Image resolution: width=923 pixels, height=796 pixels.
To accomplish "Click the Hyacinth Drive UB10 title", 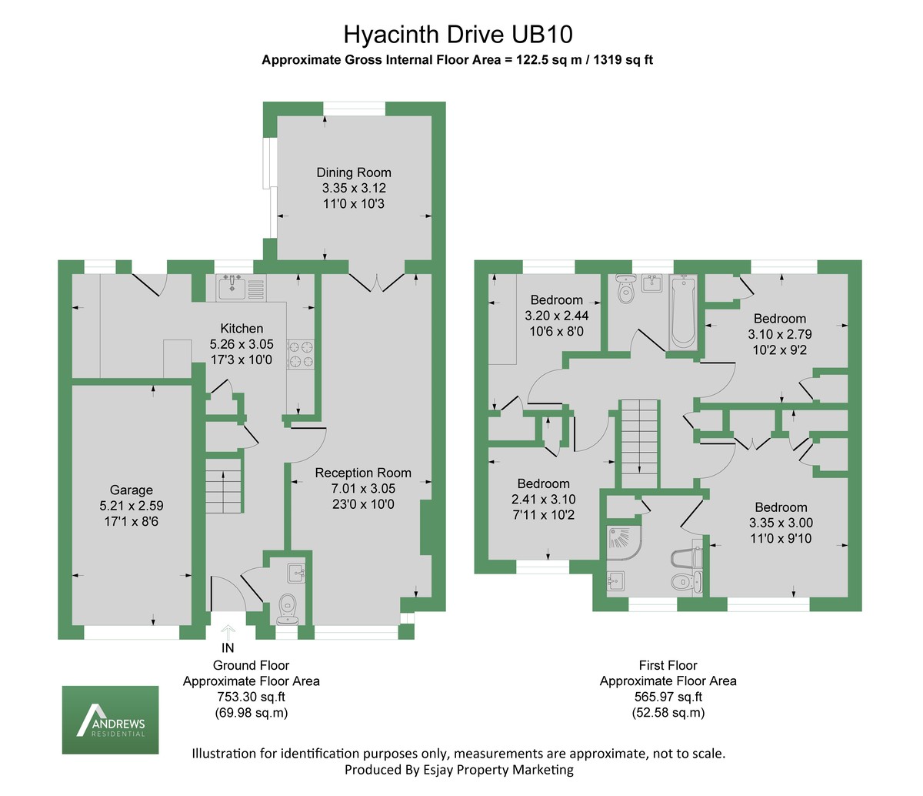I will pos(458,35).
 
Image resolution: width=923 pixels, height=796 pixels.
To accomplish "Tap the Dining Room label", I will pos(354,172).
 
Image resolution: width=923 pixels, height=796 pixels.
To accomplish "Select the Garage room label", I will pos(132,490).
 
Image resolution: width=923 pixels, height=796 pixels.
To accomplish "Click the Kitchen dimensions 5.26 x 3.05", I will pos(242,345).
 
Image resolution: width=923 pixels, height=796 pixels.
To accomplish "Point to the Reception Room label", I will pos(363,473).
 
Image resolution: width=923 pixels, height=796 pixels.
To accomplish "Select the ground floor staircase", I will pos(224,485).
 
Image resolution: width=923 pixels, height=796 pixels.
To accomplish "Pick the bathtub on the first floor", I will pos(683,312).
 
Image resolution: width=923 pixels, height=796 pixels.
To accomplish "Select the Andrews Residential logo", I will pos(110,721).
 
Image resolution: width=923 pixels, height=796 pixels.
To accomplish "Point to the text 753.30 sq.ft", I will pos(251,697).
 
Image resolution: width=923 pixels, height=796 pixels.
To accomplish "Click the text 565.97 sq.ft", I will pos(668,697).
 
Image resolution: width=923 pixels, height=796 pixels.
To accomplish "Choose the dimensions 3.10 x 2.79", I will pos(780,334).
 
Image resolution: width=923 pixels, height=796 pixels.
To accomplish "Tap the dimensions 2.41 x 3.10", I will pos(544,499).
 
